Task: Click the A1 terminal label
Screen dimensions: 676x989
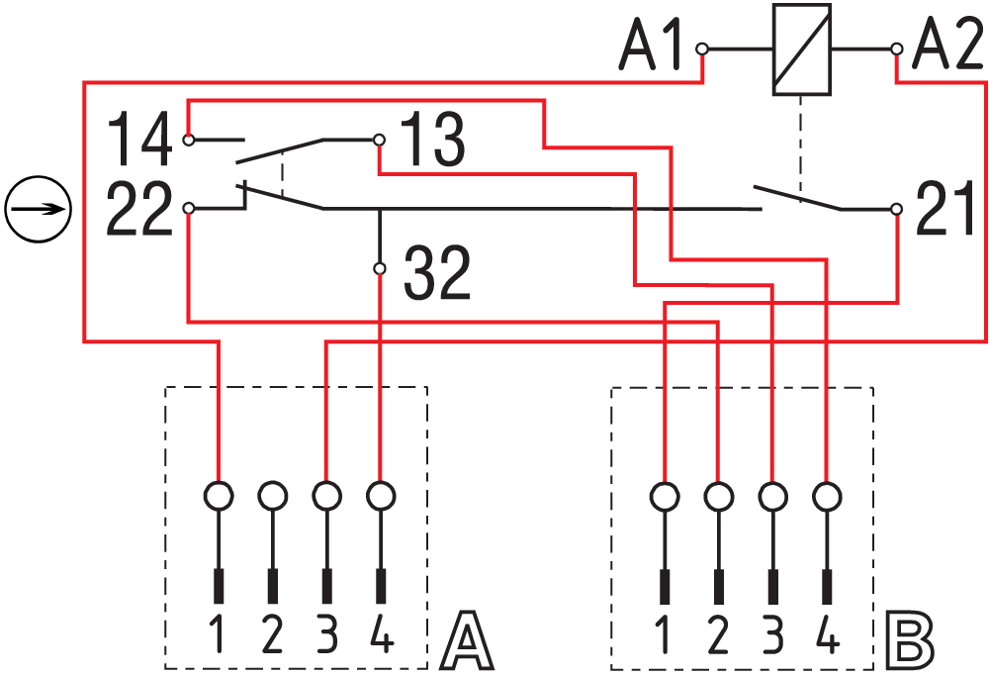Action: click(x=654, y=48)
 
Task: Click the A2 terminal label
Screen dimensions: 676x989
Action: click(x=945, y=48)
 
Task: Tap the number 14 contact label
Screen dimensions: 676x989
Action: click(x=137, y=140)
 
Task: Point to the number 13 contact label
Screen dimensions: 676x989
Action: click(x=431, y=140)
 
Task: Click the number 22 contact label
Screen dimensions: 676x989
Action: click(x=137, y=210)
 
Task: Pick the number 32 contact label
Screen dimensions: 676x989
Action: click(x=437, y=274)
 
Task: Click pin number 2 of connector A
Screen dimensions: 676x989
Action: click(x=272, y=633)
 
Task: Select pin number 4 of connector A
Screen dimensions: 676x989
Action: click(x=381, y=633)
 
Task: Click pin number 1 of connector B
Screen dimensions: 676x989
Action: click(x=664, y=633)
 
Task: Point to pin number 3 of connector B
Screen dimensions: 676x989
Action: click(x=772, y=633)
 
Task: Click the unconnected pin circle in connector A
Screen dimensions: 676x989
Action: click(x=272, y=493)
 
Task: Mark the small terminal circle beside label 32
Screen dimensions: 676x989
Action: click(x=380, y=268)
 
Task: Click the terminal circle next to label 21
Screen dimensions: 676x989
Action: click(x=896, y=209)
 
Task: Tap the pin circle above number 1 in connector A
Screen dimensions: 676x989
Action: click(x=218, y=493)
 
